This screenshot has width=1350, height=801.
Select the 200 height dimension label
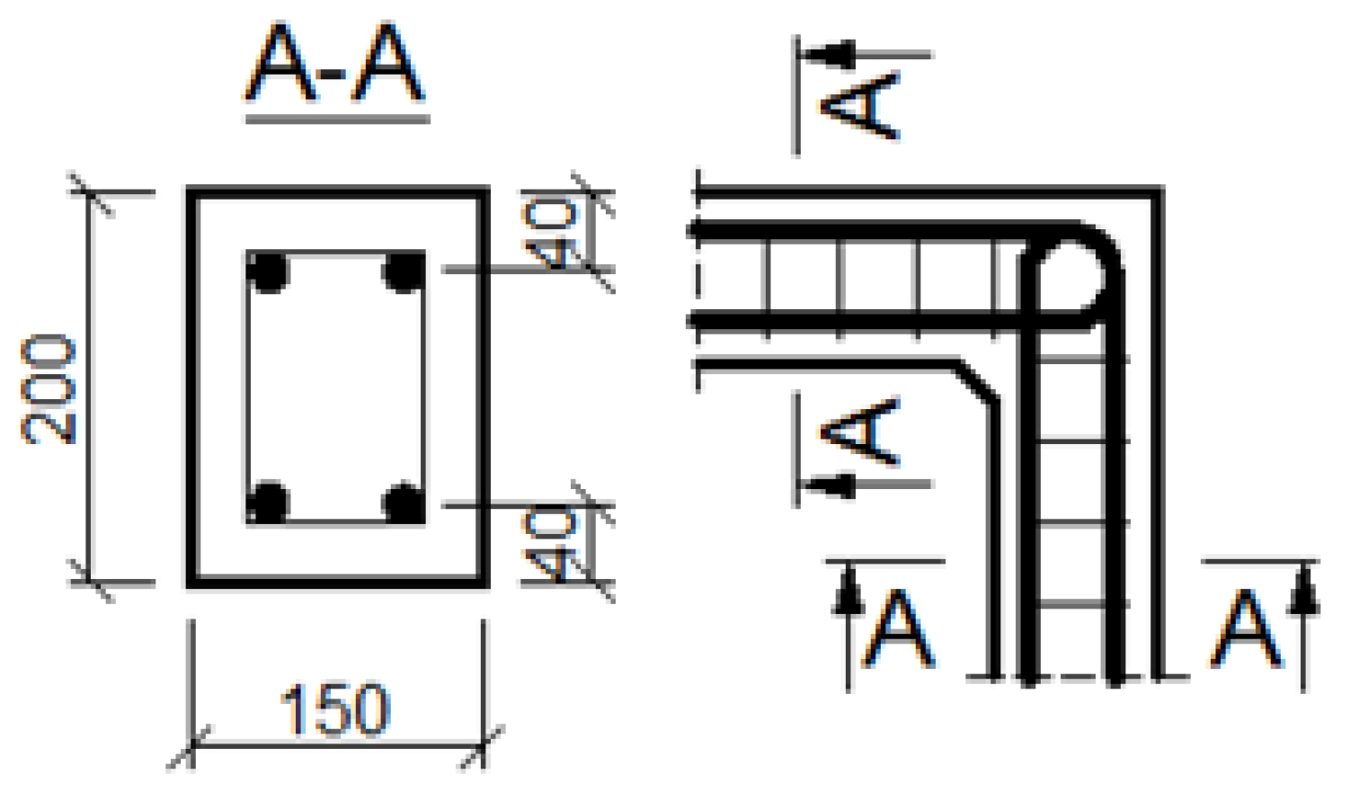[x=49, y=388]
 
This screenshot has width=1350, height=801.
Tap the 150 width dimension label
[x=335, y=711]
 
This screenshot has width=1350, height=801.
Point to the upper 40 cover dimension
[x=550, y=233]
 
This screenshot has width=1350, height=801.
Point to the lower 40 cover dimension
[x=550, y=545]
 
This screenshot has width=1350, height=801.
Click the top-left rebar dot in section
[x=267, y=271]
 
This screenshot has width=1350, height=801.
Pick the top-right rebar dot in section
[x=404, y=271]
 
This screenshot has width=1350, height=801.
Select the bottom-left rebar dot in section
[x=267, y=503]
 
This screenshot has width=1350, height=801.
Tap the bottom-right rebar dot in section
[x=404, y=503]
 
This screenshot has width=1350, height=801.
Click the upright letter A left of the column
[x=899, y=629]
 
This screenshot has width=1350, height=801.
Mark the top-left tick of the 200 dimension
[x=90, y=192]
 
